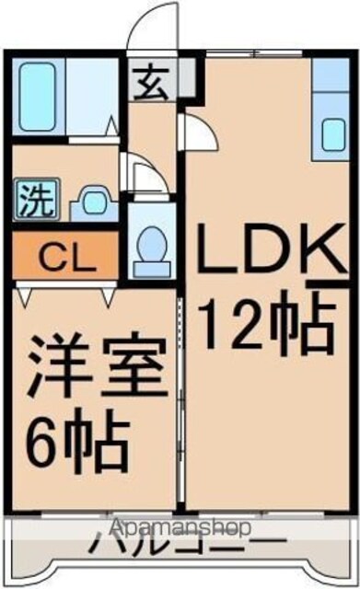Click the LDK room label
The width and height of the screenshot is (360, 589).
(272, 248)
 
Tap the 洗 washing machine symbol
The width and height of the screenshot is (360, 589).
(37, 199)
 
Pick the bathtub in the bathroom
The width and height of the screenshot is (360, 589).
(37, 97)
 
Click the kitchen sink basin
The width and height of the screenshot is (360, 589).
(333, 134)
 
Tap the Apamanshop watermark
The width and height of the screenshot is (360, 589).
(180, 527)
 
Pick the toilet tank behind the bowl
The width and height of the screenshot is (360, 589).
(152, 270)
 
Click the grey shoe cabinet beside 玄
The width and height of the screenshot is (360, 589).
(187, 77)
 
